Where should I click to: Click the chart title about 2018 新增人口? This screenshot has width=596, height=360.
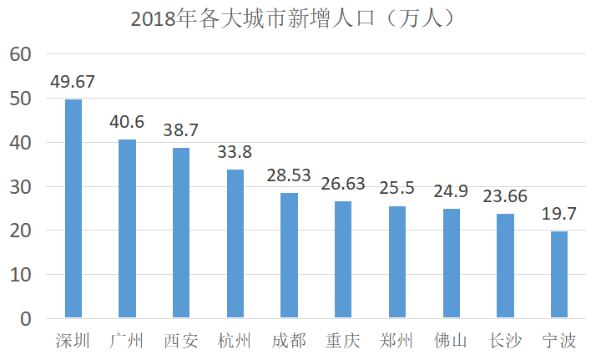point(292,18)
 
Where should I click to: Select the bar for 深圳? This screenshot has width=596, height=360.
point(73,208)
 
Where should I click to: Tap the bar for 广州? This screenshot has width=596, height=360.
point(127,229)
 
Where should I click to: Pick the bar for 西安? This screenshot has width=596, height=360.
point(181,233)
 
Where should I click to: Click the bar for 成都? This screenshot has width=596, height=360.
point(290,255)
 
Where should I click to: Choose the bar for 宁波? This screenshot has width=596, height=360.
point(559,275)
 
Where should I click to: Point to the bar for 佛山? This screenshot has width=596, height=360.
point(452,263)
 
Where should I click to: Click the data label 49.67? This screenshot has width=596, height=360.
point(73,82)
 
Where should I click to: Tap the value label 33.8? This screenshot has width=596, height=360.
point(235,152)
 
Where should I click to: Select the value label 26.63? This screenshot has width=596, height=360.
point(343,184)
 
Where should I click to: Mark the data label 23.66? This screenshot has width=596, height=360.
point(505,196)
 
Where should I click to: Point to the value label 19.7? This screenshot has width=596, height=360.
point(558,214)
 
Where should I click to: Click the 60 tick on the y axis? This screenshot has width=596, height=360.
point(21,54)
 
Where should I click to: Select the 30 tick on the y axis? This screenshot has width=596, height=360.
point(21,187)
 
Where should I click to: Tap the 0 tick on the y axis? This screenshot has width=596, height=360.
point(26,319)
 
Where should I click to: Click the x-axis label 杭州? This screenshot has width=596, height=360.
point(235,340)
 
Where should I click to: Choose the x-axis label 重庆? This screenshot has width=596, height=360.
point(343,340)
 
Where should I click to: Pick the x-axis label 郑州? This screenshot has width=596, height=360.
point(396,340)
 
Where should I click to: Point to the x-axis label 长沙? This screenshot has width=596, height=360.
point(505,340)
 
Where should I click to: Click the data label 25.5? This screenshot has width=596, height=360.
point(396,188)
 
